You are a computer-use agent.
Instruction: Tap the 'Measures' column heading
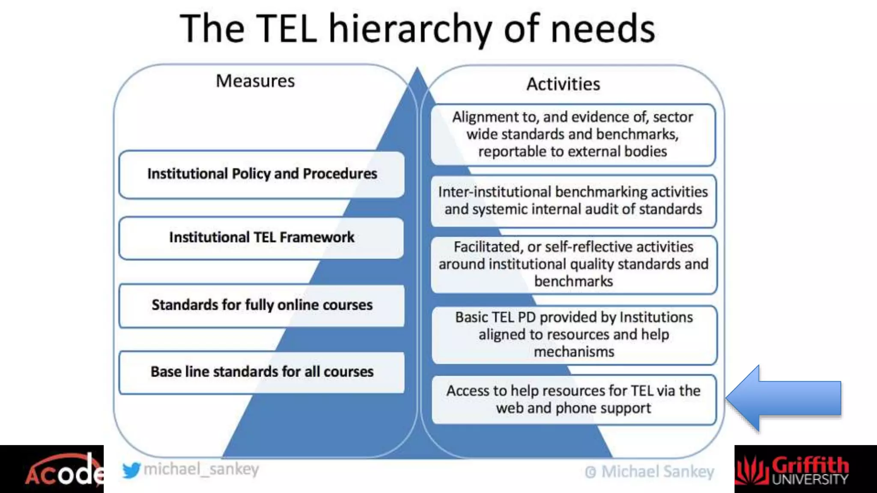(255, 81)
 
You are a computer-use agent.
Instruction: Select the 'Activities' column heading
(563, 84)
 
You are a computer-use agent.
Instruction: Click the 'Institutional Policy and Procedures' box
(262, 174)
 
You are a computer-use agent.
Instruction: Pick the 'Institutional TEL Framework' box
(262, 238)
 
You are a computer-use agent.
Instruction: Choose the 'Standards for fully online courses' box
(262, 305)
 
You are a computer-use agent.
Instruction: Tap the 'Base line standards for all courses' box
(262, 372)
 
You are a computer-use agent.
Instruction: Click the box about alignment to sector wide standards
(573, 134)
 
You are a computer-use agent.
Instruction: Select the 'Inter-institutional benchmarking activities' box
(573, 201)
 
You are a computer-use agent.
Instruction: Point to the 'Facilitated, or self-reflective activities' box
(573, 264)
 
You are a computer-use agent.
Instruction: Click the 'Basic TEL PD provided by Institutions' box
(574, 335)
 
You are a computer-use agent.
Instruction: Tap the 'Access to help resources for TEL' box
(573, 399)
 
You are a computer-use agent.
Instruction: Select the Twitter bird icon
(131, 470)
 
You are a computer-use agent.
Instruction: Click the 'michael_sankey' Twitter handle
(201, 469)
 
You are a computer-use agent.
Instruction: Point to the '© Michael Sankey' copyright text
(649, 472)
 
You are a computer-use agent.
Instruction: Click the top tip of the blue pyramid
(417, 69)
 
